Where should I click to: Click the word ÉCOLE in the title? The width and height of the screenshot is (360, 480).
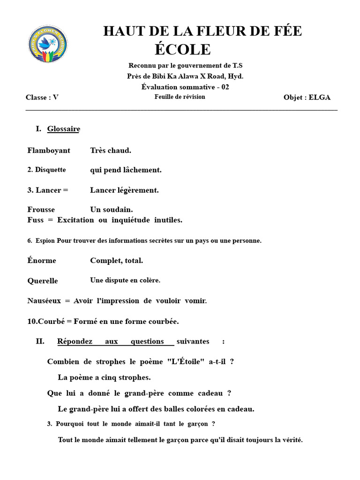pos(183,49)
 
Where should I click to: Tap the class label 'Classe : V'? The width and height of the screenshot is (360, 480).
pos(42,97)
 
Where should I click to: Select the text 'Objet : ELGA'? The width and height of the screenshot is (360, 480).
pos(307,97)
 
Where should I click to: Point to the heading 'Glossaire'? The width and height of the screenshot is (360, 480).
pos(63,129)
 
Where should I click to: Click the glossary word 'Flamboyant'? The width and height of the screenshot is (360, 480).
pos(49,150)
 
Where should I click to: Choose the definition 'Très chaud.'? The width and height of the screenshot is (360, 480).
pos(111,150)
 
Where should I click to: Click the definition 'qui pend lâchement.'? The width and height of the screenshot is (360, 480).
pos(126,170)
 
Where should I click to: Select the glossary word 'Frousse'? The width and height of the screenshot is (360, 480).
pos(41,210)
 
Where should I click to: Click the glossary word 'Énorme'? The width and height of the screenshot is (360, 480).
pos(42,260)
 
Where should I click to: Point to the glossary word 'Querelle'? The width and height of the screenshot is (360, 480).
pos(43,281)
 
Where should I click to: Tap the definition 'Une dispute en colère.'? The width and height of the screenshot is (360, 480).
pos(125,280)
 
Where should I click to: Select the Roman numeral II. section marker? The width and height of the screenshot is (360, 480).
pos(40,341)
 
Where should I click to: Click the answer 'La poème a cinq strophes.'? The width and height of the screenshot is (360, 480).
pos(105,377)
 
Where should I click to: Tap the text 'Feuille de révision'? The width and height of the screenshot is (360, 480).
pos(180,97)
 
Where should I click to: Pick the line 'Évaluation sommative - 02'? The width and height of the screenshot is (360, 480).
pos(185,87)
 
